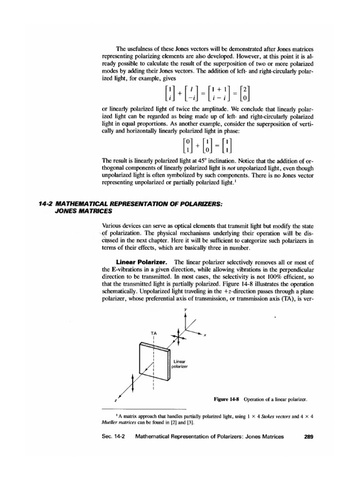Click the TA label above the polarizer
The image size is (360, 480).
point(153,332)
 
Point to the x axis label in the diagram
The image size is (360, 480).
point(205,335)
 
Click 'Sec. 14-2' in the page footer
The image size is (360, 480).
point(115,436)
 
